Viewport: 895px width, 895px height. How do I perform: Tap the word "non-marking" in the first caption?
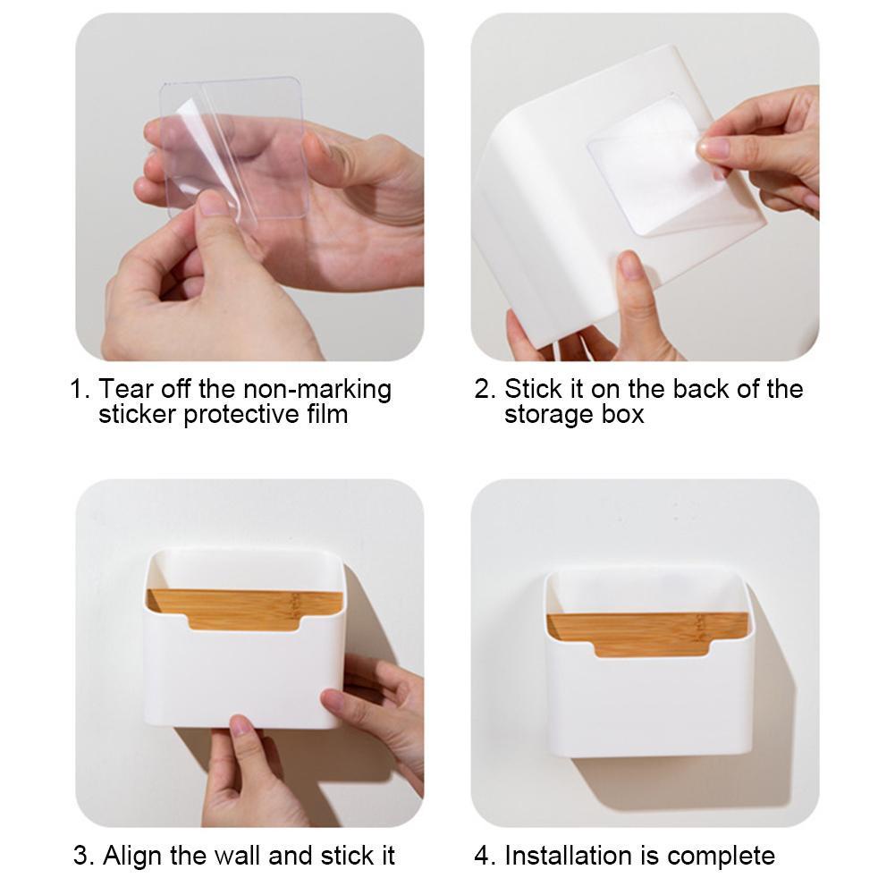tap(317, 389)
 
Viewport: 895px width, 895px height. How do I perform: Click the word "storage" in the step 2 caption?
tap(548, 415)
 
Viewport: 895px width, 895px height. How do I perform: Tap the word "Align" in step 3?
tap(133, 856)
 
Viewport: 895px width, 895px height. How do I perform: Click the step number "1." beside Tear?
tap(80, 389)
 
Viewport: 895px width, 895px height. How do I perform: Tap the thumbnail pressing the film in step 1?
tap(213, 203)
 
